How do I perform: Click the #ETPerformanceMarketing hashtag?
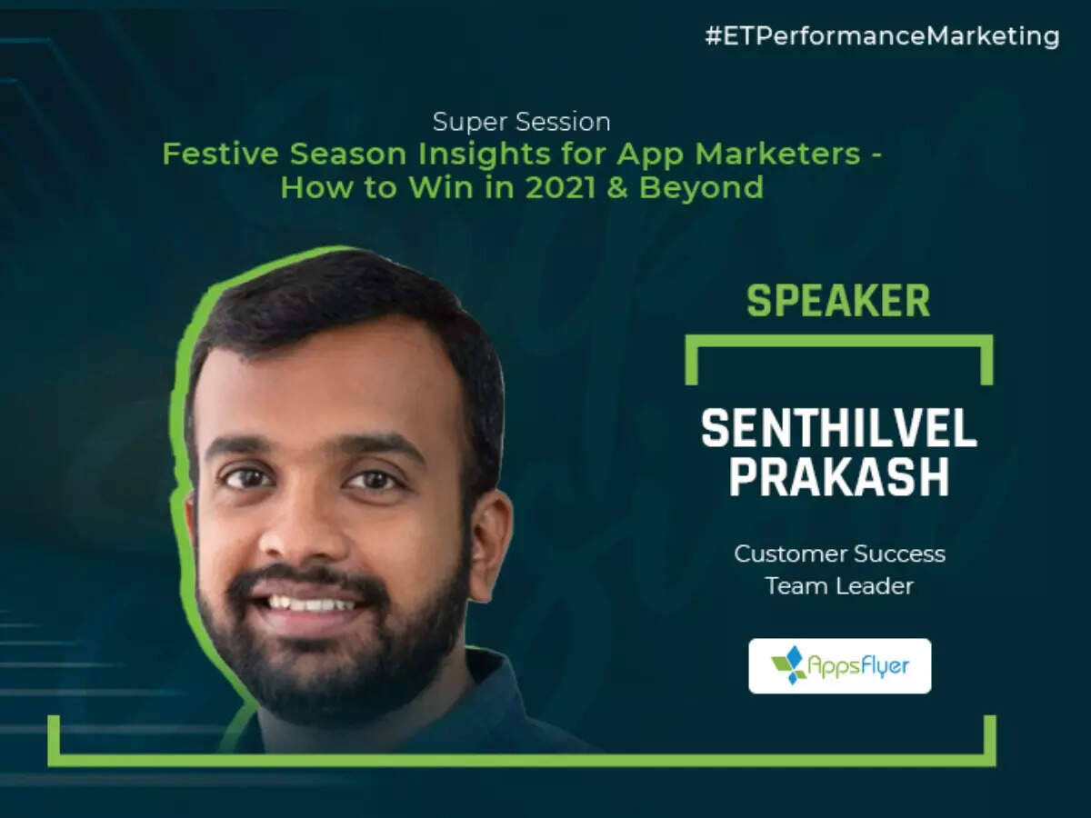882,36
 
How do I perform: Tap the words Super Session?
521,122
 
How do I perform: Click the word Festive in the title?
221,154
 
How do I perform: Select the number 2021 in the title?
561,188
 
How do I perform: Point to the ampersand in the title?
617,188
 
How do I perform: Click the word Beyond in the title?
701,189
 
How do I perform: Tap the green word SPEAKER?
838,301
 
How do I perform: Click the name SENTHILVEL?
839,428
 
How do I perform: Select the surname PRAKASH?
839,477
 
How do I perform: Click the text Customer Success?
839,554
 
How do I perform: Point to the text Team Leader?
839,586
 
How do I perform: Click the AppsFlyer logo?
840,666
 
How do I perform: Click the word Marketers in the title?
778,154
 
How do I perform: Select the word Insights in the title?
484,155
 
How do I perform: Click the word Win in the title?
441,188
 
